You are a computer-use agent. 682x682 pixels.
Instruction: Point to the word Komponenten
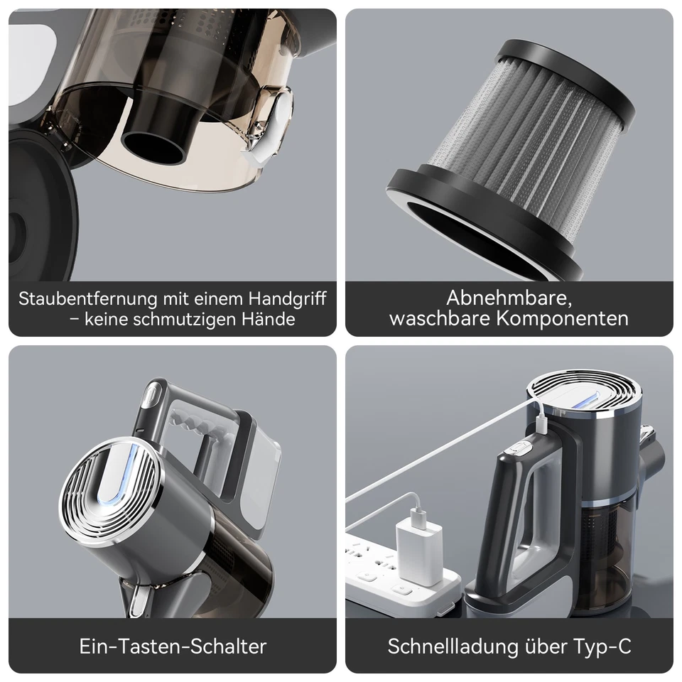562,318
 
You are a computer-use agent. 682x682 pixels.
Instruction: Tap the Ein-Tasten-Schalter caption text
173,646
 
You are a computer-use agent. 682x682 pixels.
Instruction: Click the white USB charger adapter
419,551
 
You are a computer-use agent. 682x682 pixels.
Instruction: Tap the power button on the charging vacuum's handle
520,449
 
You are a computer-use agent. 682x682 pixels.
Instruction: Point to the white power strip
398,568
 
